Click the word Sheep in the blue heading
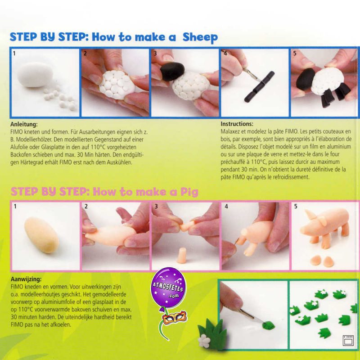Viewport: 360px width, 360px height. [200, 37]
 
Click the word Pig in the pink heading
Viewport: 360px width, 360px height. [189, 192]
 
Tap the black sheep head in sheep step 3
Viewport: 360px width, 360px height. [172, 71]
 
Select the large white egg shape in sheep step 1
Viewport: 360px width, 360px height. [35, 74]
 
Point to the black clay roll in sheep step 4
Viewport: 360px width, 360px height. [260, 86]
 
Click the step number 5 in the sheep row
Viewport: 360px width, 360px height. [295, 53]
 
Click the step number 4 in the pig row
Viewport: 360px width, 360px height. [226, 206]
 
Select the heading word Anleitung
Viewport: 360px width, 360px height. [24, 125]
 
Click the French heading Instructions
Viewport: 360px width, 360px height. [237, 124]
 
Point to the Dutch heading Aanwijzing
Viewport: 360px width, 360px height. [26, 279]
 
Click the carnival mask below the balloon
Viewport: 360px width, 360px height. [175, 317]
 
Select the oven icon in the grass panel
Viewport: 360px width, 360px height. [348, 340]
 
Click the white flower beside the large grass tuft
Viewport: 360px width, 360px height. [204, 341]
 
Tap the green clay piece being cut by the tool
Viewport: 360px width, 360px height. [268, 325]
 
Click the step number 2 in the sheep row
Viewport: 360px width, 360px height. [85, 53]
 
